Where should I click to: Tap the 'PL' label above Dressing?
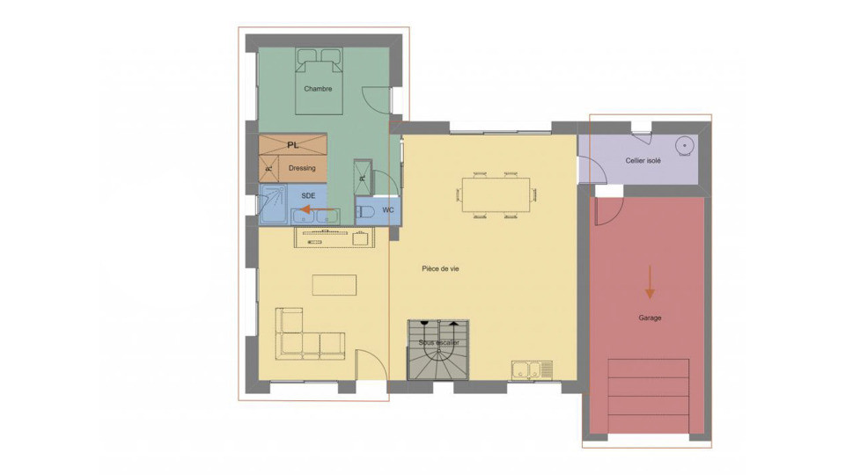(293, 144)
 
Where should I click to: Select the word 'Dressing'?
(302, 167)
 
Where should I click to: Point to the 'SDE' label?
(308, 195)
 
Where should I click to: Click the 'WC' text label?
(388, 210)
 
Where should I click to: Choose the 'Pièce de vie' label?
(440, 269)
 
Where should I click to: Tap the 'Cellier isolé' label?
(643, 161)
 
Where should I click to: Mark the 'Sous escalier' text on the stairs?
(438, 342)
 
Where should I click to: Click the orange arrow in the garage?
(650, 283)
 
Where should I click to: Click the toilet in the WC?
(367, 211)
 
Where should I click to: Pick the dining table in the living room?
(496, 195)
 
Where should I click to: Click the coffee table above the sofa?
(334, 285)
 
